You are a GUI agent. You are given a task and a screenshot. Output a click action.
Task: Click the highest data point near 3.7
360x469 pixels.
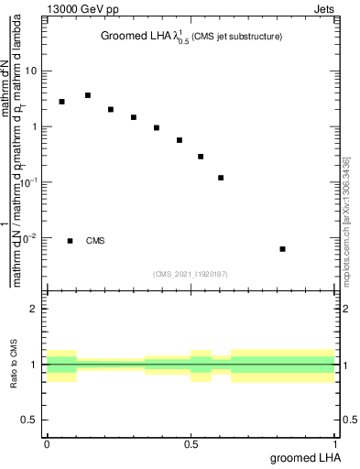pos(88,95)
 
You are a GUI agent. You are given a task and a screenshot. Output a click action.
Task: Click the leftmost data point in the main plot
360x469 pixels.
pos(61,102)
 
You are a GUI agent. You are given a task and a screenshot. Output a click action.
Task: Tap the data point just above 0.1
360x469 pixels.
pos(221,178)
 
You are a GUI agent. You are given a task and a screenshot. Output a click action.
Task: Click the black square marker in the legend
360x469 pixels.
pos(71,241)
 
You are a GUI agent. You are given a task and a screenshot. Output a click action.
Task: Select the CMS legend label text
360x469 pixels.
pos(95,241)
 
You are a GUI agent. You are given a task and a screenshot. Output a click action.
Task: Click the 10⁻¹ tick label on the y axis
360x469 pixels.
pos(31,183)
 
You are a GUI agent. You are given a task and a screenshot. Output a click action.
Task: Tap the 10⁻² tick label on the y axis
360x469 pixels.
pos(31,239)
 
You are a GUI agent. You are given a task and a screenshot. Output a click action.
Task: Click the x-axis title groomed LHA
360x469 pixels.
pos(306,458)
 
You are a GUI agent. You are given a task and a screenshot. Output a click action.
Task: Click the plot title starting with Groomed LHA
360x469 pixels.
pos(191,37)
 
